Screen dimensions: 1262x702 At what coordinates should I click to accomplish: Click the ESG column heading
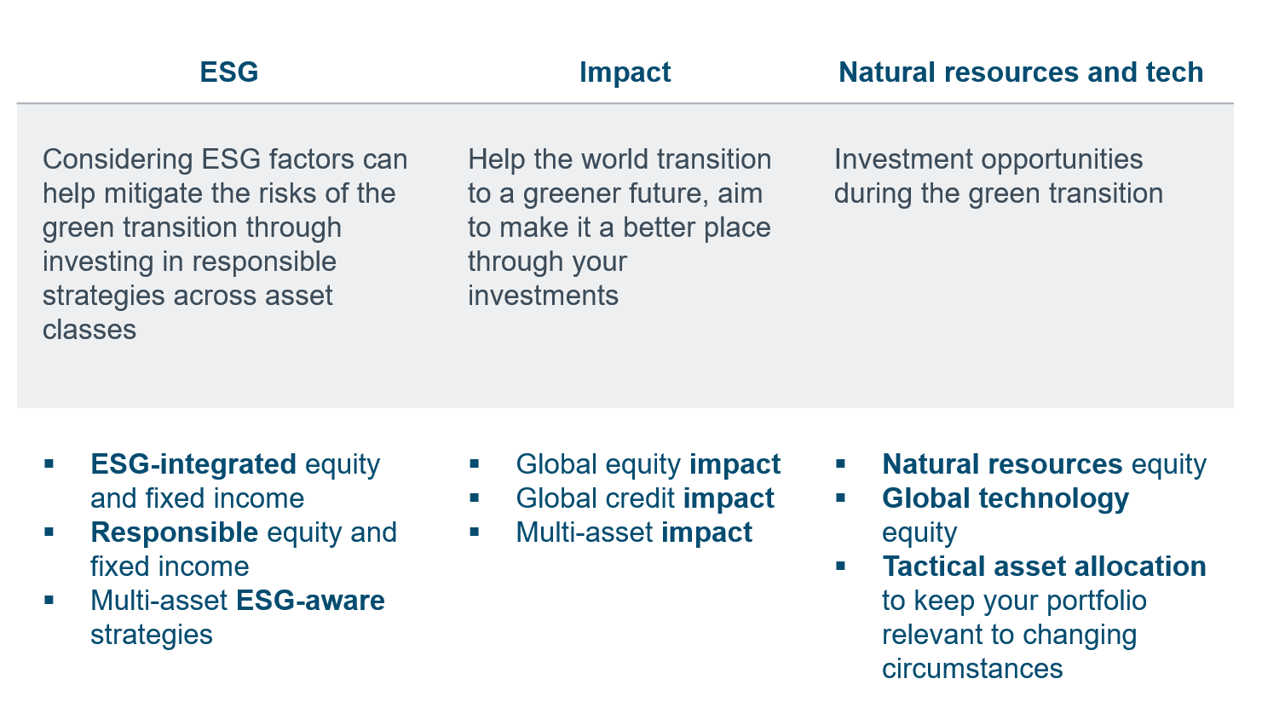click(228, 72)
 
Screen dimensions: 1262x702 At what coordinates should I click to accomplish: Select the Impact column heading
click(625, 72)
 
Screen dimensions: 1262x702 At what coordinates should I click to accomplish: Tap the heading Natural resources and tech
click(1021, 72)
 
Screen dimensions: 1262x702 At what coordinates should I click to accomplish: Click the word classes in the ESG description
click(89, 330)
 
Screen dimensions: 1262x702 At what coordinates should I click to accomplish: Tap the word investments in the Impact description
click(543, 296)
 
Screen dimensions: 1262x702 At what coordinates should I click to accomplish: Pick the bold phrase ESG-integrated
click(193, 465)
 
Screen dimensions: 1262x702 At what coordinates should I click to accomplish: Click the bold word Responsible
click(174, 532)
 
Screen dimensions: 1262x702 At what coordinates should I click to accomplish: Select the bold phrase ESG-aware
click(310, 601)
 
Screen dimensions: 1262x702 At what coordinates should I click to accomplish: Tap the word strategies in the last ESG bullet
click(152, 635)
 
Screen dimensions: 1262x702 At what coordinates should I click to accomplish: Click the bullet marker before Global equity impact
click(474, 464)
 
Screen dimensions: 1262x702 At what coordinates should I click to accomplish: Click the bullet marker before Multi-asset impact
click(474, 532)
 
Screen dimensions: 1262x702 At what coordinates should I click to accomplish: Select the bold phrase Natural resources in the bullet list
click(1002, 465)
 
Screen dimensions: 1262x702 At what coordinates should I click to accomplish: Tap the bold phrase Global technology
click(1006, 499)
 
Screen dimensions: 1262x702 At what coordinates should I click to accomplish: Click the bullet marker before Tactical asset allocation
click(840, 566)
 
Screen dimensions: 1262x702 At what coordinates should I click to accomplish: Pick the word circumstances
click(972, 669)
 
